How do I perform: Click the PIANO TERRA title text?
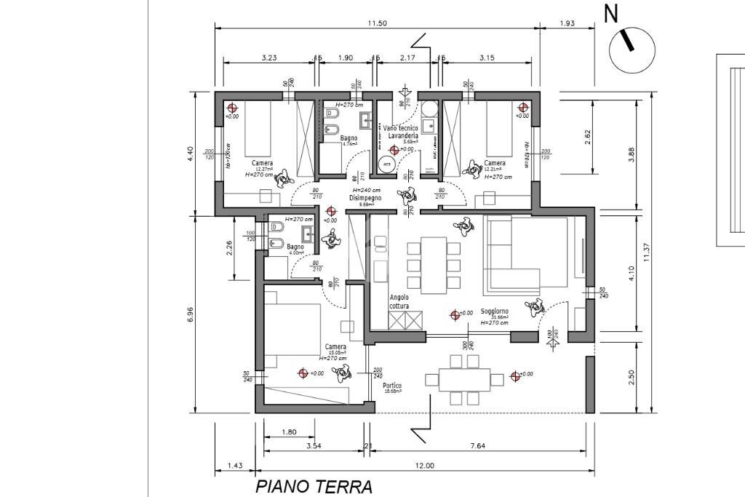point(314,487)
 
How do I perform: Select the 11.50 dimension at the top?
point(377,23)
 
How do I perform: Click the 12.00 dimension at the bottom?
point(425,466)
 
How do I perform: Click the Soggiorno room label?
point(494,311)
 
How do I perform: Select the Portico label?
point(393,386)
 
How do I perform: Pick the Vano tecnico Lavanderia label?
point(402,132)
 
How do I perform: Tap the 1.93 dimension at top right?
point(567,23)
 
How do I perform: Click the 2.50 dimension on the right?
point(632,378)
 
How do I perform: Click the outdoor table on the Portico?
point(465,379)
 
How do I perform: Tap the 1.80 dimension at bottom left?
point(289,432)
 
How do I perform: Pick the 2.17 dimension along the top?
point(407,57)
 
